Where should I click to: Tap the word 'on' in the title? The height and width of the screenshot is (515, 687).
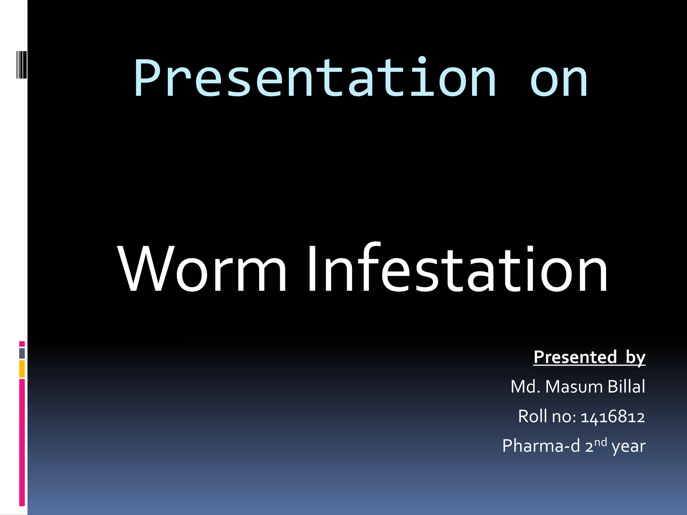[559, 80]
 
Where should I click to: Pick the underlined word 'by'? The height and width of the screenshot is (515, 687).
[635, 358]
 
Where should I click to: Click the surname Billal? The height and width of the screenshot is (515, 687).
[626, 386]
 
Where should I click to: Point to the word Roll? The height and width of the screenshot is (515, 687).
[532, 416]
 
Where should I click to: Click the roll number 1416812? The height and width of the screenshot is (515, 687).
[613, 417]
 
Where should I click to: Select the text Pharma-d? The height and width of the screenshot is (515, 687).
[541, 446]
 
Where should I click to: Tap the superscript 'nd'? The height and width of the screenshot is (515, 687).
[600, 442]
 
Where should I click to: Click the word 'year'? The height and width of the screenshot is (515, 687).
[628, 447]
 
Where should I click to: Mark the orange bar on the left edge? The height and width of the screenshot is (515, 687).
[22, 369]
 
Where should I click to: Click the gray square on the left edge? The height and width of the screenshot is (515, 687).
[22, 353]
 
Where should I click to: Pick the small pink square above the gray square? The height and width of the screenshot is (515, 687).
[22, 344]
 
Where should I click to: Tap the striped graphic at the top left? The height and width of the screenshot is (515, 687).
[21, 65]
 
